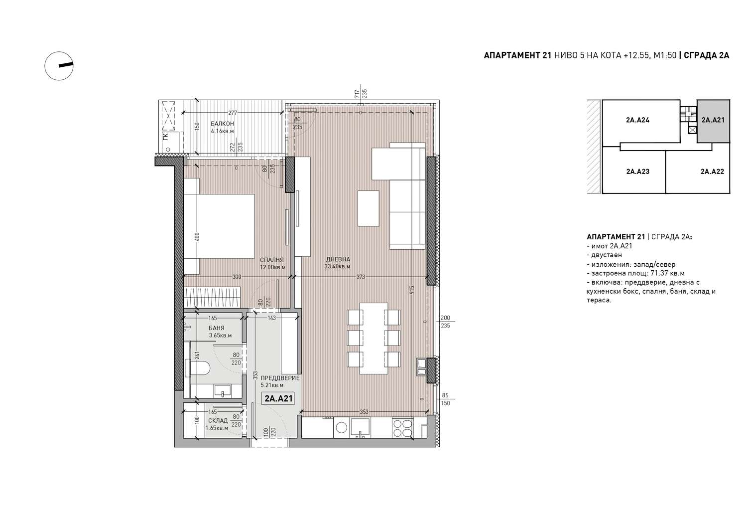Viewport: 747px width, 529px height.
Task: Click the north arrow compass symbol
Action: pos(59,66)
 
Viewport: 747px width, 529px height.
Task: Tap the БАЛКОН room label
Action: pos(222,124)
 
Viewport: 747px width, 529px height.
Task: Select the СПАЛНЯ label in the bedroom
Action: pos(272,259)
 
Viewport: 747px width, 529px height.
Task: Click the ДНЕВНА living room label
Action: pos(338,259)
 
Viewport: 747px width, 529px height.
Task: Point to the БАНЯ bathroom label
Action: pos(217,328)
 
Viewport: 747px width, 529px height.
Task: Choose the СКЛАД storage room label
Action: pos(218,420)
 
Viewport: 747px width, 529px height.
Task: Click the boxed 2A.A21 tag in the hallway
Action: pos(278,398)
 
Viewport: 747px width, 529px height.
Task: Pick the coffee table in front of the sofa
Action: pos(369,208)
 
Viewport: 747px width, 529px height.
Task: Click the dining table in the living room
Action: pos(373,339)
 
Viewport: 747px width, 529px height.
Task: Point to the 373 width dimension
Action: pos(361,277)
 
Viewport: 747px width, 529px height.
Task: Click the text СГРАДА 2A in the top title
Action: pos(706,55)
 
